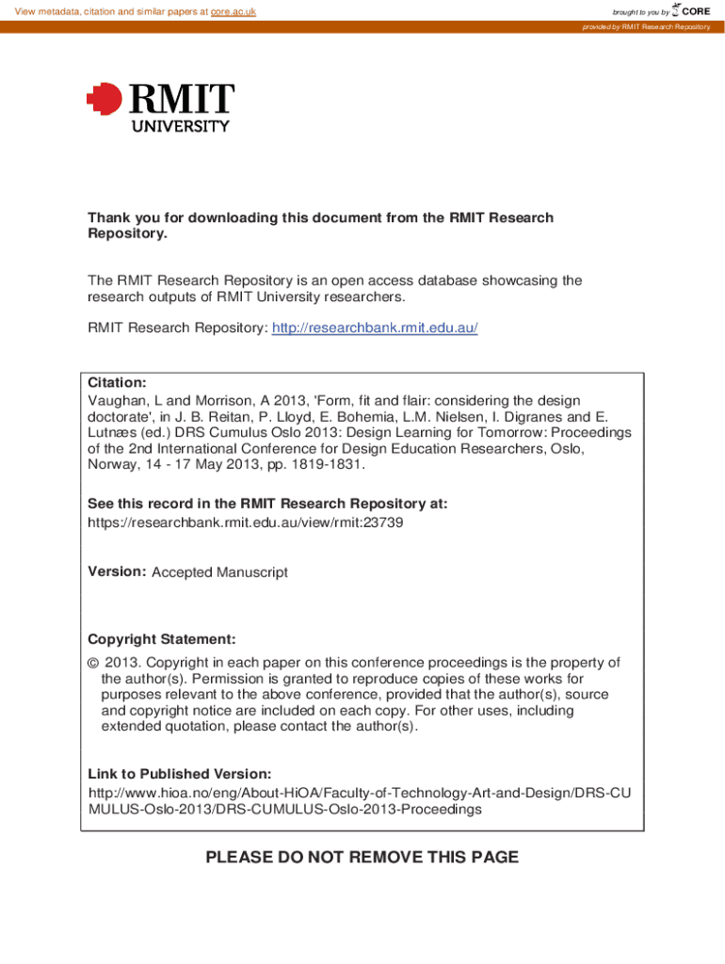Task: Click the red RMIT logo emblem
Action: point(105,98)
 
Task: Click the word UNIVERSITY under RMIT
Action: point(180,125)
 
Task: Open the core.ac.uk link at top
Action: point(233,11)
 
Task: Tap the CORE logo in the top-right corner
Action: point(690,10)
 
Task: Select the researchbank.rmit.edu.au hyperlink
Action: point(375,328)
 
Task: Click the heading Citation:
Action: point(117,382)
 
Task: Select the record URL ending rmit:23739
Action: point(246,522)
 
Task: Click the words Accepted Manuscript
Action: point(219,572)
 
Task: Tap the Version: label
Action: point(116,571)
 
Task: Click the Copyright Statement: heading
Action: point(162,638)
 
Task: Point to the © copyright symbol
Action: point(92,663)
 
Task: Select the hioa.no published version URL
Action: point(359,801)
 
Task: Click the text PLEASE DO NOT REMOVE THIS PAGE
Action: point(362,857)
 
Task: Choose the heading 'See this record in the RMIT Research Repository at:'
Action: point(267,504)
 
